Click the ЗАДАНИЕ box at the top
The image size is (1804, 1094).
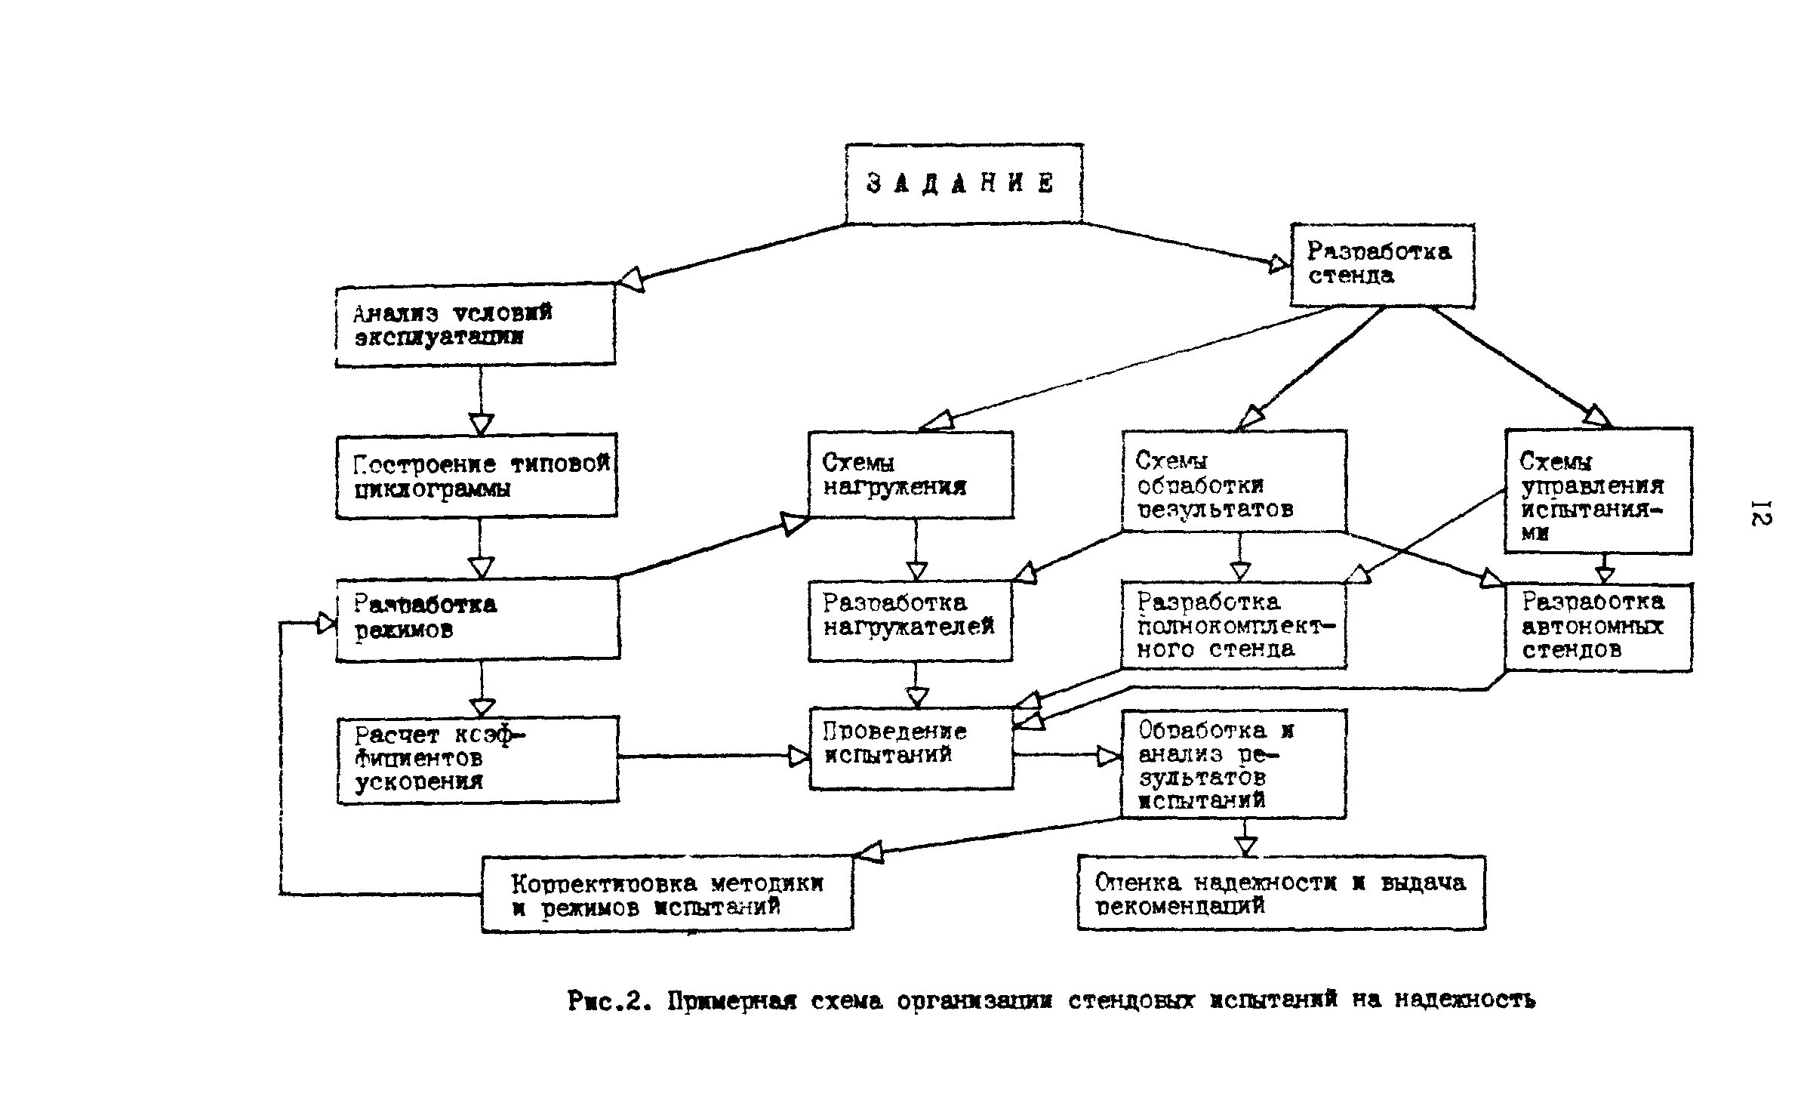click(963, 183)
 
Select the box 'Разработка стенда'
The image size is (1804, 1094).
click(1381, 264)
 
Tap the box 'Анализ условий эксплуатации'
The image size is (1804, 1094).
click(475, 325)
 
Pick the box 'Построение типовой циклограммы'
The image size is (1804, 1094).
click(476, 476)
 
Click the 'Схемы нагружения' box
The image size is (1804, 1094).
click(910, 474)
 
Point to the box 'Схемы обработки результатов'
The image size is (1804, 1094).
click(1233, 482)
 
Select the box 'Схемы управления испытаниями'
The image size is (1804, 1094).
click(1597, 491)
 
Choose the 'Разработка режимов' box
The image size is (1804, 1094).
click(478, 618)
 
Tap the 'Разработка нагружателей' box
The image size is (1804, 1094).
click(910, 620)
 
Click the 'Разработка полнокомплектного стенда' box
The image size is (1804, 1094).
click(1233, 624)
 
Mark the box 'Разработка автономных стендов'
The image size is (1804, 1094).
click(1597, 626)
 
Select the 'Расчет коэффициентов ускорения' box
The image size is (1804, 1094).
click(477, 759)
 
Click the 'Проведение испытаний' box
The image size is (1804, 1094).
click(910, 747)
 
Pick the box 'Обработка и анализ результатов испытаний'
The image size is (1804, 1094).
click(1233, 763)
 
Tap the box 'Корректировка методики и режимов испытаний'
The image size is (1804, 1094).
click(667, 894)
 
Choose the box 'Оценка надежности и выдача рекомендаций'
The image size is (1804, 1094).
click(1281, 892)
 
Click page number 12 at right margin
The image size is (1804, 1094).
click(1759, 513)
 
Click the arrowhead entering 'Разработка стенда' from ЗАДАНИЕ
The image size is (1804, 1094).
click(1278, 263)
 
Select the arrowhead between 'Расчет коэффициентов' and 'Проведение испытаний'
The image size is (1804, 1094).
click(799, 756)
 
